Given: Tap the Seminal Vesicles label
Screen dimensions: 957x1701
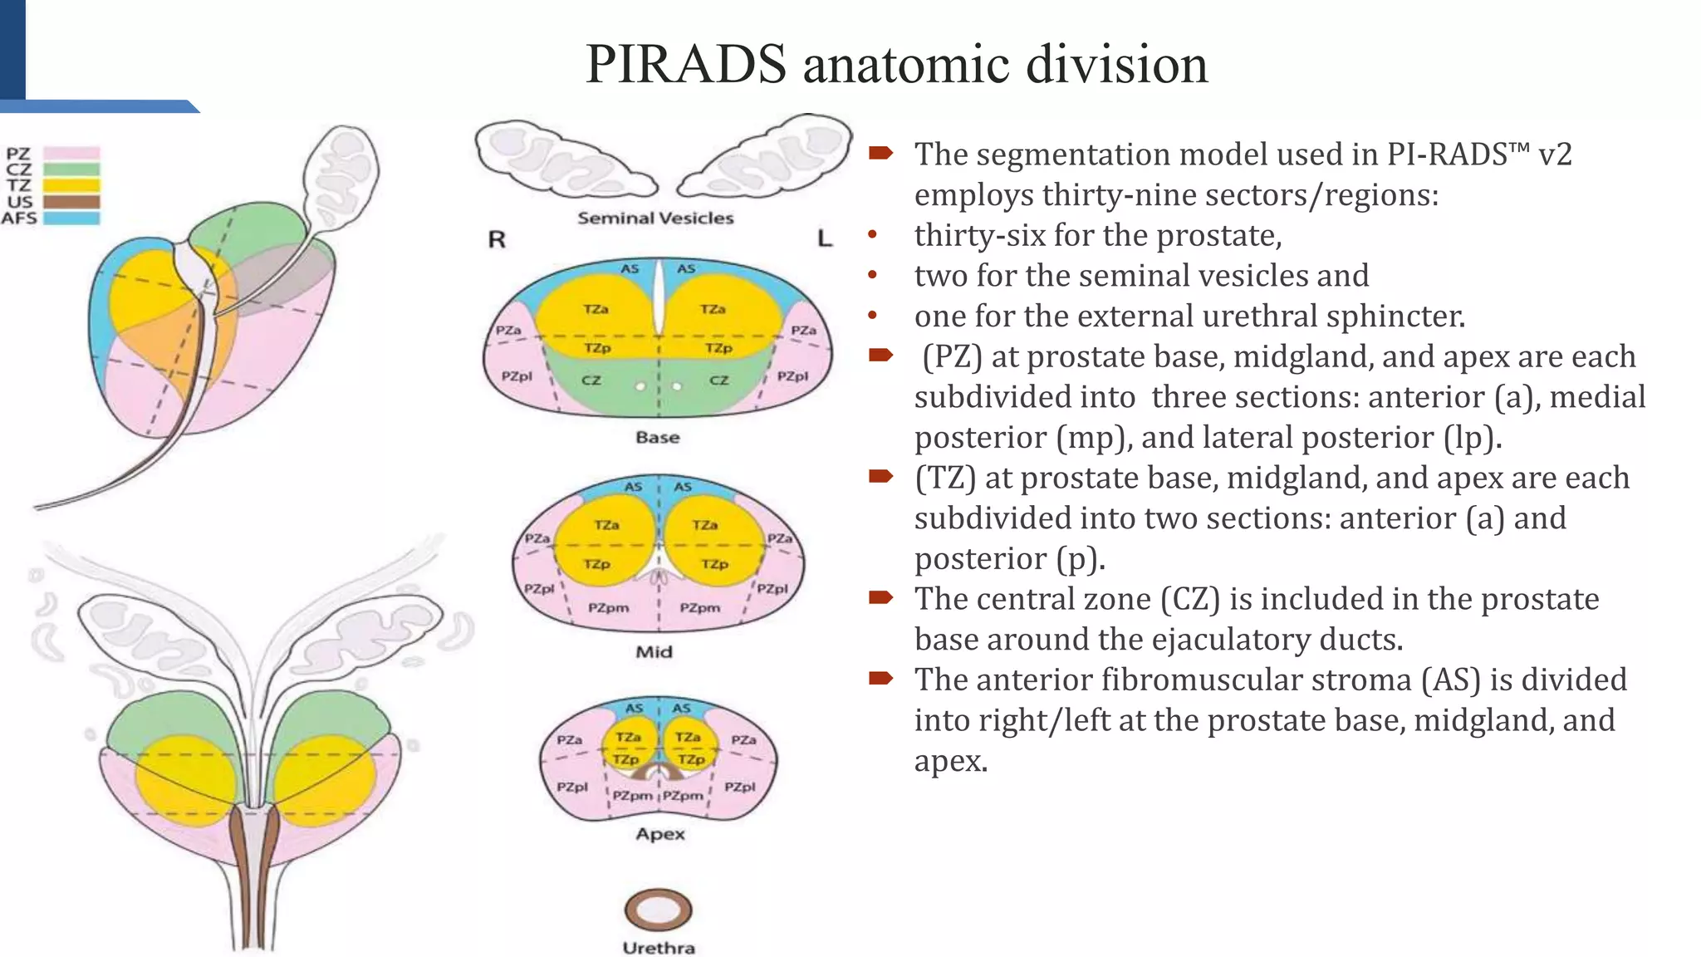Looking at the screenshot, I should (655, 218).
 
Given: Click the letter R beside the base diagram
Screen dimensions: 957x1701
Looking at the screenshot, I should (497, 240).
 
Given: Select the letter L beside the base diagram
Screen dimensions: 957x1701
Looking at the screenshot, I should (824, 239).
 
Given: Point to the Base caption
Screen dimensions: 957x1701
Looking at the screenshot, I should (657, 437).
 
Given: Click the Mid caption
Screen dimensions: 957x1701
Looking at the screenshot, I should (654, 652).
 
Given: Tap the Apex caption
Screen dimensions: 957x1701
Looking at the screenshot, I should (660, 834).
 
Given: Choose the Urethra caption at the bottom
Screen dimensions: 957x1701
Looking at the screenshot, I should (659, 948).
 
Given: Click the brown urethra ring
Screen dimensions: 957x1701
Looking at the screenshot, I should (658, 910).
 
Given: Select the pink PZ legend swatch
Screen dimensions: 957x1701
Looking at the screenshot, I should (71, 154).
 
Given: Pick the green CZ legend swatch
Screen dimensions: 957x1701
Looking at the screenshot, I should (71, 169).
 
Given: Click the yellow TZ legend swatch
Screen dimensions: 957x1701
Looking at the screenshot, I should (71, 185).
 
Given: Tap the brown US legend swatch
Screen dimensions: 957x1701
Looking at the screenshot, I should (71, 202).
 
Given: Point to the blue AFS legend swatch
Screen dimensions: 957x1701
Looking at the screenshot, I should (71, 218).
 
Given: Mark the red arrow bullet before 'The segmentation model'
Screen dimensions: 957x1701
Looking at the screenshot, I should (880, 153).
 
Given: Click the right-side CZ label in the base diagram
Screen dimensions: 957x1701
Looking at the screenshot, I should (718, 380).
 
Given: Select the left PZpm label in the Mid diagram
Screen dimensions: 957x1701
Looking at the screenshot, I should (608, 608).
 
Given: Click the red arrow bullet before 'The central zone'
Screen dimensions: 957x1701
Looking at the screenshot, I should (880, 597).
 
